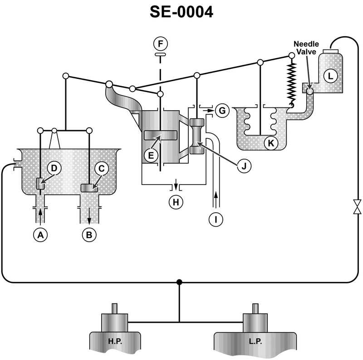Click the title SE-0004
coord(181,12)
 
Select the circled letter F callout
coord(160,44)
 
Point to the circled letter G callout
coord(222,110)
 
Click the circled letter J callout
coord(244,165)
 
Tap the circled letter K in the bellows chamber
coord(271,143)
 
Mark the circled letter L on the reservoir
coord(330,76)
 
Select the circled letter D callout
coord(54,168)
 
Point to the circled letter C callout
coord(102,168)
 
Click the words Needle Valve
coord(307,47)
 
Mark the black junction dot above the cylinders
coord(179,282)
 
